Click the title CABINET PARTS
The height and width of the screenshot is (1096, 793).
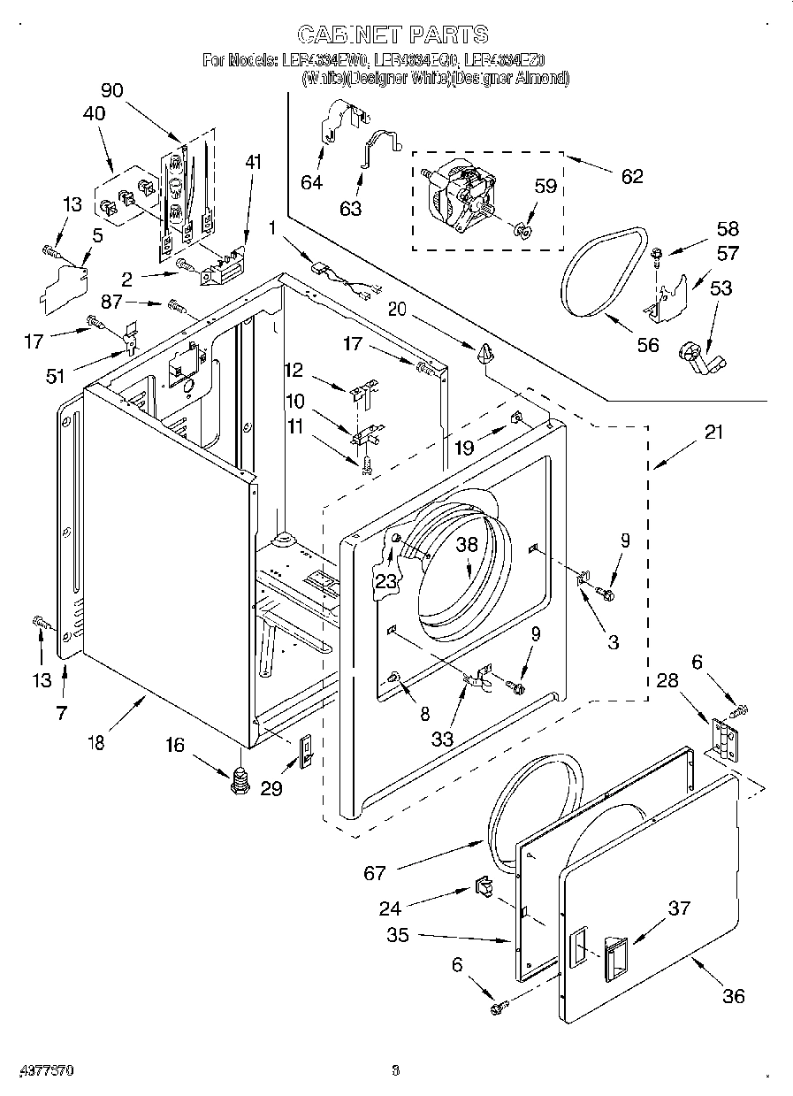[x=393, y=34]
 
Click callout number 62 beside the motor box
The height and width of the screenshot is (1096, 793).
[x=631, y=175]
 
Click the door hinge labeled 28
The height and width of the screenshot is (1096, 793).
[x=724, y=737]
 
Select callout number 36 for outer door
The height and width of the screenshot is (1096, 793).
[x=733, y=996]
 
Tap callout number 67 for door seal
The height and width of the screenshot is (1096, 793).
[x=375, y=873]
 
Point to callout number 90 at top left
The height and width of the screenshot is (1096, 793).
[x=112, y=90]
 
